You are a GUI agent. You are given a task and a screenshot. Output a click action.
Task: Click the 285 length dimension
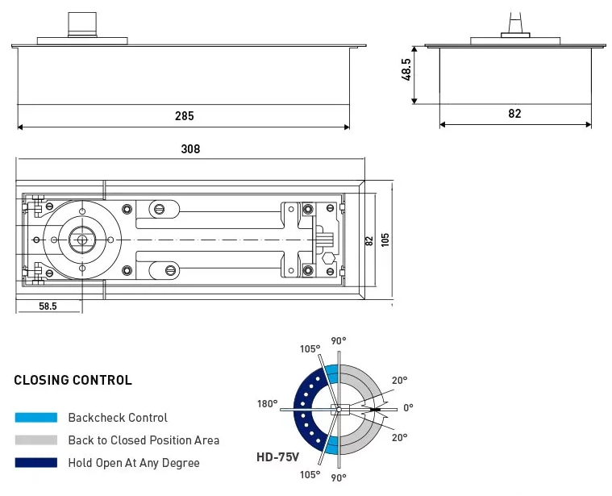point(184,116)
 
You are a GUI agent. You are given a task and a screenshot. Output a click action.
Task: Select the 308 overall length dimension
point(190,149)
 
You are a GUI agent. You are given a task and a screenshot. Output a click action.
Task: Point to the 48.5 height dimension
point(407,69)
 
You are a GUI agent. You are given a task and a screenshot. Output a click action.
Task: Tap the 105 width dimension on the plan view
point(385,241)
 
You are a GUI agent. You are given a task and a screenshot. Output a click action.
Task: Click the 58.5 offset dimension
point(49,306)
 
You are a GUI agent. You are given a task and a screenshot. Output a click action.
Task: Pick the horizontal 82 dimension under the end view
point(514,114)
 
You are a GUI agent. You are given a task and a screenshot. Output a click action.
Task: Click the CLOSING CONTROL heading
point(73,381)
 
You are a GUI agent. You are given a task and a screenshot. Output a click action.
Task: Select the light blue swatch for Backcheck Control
point(35,418)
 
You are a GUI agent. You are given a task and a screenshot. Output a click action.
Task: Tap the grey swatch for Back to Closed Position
point(35,440)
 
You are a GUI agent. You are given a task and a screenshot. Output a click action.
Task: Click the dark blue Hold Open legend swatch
point(35,463)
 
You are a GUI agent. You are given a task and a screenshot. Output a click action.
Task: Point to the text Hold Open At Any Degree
point(133,463)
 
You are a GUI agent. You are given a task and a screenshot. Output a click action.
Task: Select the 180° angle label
point(268,404)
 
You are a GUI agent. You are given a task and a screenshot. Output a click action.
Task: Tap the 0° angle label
point(408,408)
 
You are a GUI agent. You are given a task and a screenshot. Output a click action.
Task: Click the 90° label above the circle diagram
point(339,342)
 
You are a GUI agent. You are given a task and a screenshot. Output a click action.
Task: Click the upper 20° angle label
point(399,380)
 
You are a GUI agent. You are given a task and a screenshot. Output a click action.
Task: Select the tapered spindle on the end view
point(514,22)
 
